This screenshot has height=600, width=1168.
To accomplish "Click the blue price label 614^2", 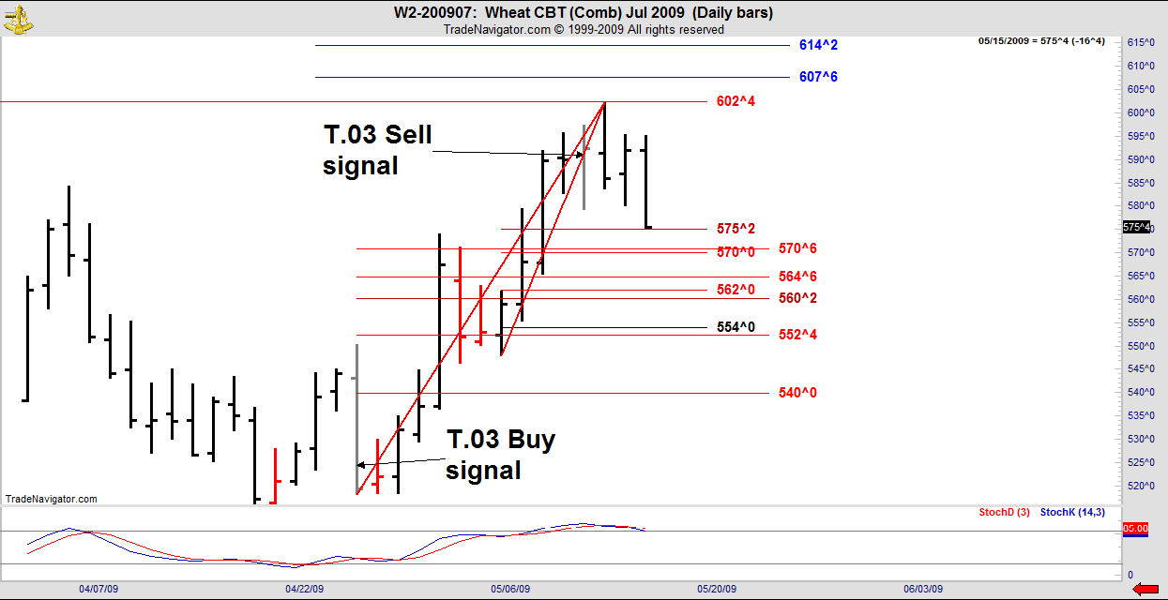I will coord(818,45).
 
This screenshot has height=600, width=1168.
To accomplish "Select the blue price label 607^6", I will coord(818,77).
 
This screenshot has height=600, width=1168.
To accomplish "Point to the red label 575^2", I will coord(736,229).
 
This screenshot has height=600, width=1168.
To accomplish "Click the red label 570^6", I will coord(797,248).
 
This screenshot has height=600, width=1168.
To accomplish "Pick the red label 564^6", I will coord(797,277).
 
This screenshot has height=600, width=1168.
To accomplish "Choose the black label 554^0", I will coord(736,327).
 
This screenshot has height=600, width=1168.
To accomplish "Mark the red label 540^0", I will coord(797,393).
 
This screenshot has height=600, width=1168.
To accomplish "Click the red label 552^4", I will coord(797,335).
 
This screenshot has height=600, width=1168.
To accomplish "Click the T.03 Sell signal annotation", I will coord(378,150).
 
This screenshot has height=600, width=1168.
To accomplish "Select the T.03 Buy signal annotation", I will coord(500,455).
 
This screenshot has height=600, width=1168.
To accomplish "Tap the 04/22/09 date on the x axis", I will coord(304,590).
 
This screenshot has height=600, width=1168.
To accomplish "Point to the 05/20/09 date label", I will coord(717,590).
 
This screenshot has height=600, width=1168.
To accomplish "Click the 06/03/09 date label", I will coord(922,590).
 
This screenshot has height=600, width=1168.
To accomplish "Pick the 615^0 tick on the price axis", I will coord(1140,42).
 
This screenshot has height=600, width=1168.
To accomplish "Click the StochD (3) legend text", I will coord(1004,512).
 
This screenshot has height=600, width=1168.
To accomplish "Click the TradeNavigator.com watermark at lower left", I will coord(51,500).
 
